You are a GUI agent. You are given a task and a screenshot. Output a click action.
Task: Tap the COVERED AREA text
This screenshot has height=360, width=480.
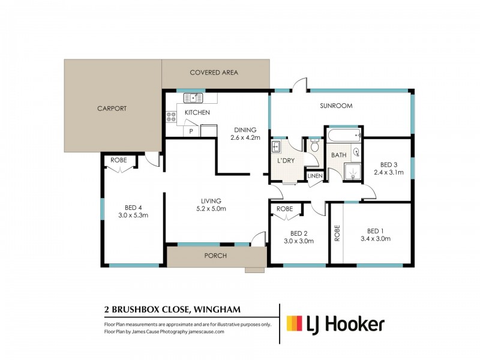(x=214, y=73)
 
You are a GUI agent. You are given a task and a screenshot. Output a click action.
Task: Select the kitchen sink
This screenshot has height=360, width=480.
(x=194, y=98)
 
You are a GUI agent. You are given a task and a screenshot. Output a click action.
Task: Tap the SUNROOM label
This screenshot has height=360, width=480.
(x=336, y=106)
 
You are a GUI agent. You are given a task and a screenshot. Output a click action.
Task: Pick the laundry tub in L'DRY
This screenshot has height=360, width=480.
(x=278, y=147)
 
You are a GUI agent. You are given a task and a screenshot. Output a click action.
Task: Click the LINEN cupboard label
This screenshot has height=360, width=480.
(x=315, y=176)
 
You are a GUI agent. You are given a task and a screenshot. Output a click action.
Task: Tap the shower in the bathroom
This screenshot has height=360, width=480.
(x=353, y=173)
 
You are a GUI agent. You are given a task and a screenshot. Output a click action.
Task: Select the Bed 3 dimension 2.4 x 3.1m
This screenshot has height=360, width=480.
(x=388, y=172)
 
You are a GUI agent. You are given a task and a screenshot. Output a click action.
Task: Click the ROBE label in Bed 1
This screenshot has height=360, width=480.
(x=337, y=232)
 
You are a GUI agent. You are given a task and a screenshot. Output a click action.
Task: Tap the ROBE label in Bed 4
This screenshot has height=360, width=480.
(x=118, y=160)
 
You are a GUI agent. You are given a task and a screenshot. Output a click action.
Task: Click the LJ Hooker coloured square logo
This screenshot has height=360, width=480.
(x=293, y=324)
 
